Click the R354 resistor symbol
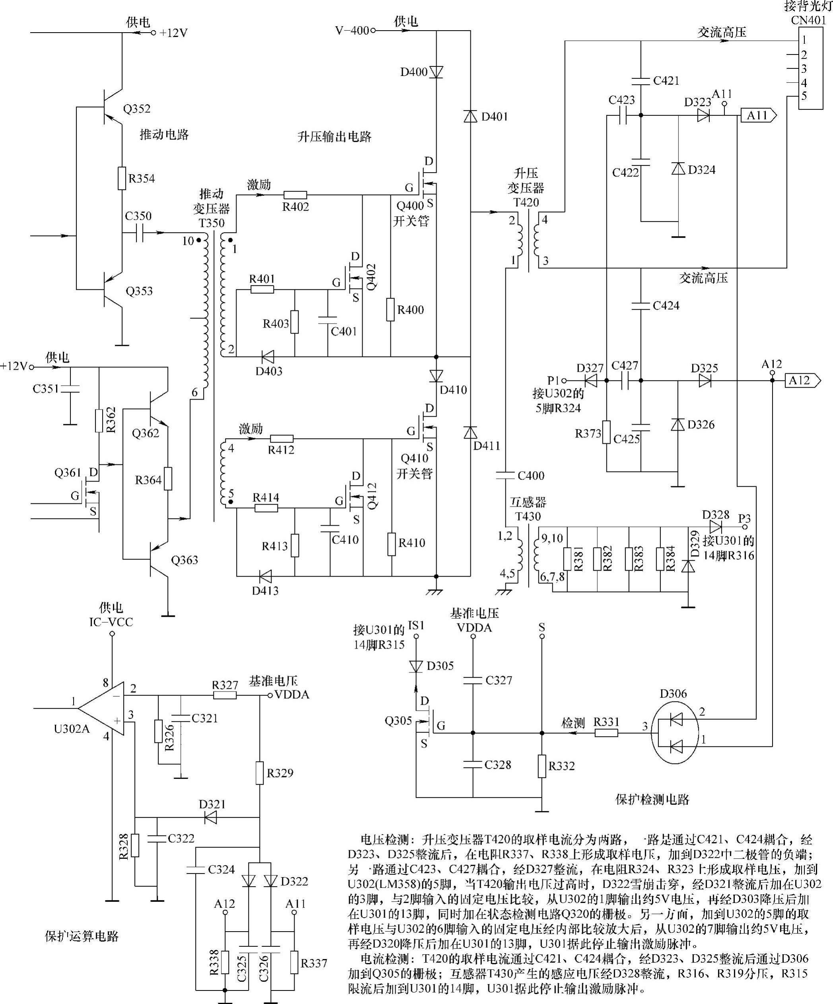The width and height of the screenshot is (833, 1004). [122, 178]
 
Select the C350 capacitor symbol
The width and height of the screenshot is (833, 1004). [139, 233]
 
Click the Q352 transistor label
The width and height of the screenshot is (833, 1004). [137, 109]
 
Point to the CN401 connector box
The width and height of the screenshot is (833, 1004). [811, 68]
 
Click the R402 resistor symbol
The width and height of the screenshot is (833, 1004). [295, 195]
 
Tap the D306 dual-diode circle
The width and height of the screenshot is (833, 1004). [675, 733]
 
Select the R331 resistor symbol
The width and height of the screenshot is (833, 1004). [606, 732]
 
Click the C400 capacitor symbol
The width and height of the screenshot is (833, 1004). [506, 475]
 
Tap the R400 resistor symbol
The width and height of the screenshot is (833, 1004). [391, 309]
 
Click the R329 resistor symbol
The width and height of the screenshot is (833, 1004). [260, 773]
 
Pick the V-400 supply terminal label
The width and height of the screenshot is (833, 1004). [352, 31]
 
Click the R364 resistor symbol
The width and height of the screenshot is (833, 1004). [168, 479]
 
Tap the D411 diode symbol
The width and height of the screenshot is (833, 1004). [470, 432]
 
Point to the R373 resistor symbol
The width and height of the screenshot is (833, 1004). [606, 432]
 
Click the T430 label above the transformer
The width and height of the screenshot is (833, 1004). [528, 517]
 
